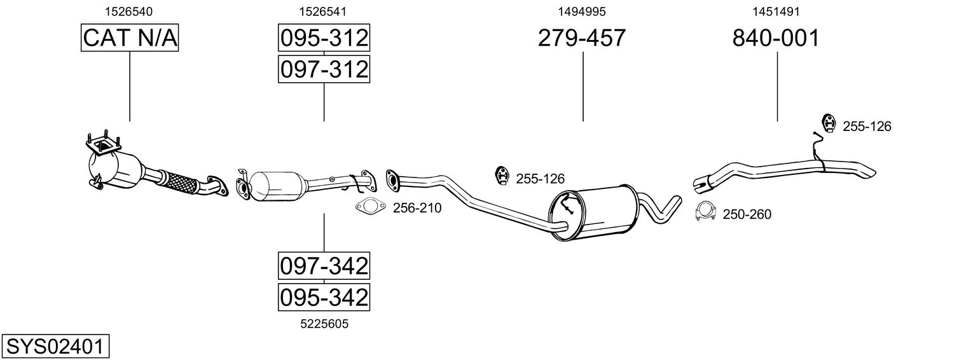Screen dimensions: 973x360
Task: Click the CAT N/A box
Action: pos(130,38)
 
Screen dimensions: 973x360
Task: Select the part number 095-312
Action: pos(324,38)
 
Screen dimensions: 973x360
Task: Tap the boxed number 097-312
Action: pos(324,69)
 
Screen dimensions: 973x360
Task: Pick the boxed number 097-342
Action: pos(324,266)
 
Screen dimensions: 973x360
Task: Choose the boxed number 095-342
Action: pos(324,296)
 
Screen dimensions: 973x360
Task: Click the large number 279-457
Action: pos(582,38)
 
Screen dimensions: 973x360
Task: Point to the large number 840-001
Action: pos(776,38)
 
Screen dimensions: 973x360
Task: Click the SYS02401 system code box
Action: pos(54,347)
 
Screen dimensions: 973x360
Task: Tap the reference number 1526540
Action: pos(128,11)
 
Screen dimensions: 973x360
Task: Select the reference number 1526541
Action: pos(323,11)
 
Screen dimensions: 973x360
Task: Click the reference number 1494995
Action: pos(582,11)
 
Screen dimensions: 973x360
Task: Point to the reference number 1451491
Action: pos(776,11)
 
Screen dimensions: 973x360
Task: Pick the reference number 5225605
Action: pos(324,324)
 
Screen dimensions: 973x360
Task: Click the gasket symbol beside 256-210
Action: pos(369,207)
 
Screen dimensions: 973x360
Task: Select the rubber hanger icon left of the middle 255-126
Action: pos(502,176)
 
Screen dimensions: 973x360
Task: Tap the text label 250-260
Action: pos(747,215)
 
